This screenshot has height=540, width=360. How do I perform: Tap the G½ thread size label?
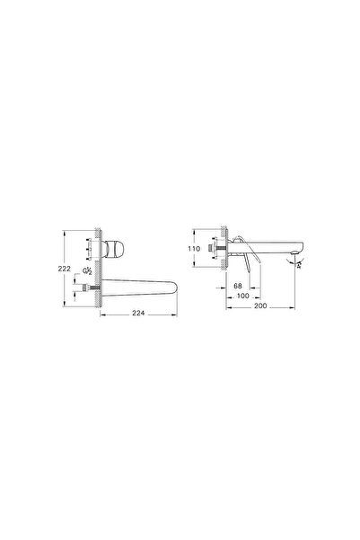85,271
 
